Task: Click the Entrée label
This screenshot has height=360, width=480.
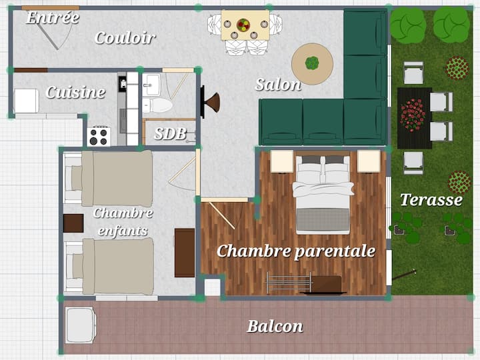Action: pyautogui.click(x=53, y=17)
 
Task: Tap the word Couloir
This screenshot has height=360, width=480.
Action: pyautogui.click(x=125, y=38)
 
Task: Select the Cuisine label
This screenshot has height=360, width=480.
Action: pyautogui.click(x=75, y=92)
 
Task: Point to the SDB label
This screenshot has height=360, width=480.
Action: pyautogui.click(x=170, y=133)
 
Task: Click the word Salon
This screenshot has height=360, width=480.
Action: pyautogui.click(x=278, y=85)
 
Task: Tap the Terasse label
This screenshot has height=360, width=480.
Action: pyautogui.click(x=431, y=199)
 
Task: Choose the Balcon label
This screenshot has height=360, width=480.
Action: pyautogui.click(x=275, y=326)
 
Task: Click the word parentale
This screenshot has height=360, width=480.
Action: pyautogui.click(x=335, y=251)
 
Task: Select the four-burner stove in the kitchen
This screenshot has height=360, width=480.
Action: pyautogui.click(x=99, y=137)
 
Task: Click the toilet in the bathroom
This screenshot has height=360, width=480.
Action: pyautogui.click(x=157, y=105)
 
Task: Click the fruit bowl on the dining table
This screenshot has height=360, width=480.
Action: pyautogui.click(x=243, y=25)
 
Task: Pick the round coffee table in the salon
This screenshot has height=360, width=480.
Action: pyautogui.click(x=312, y=64)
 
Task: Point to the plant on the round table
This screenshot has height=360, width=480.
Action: pyautogui.click(x=312, y=63)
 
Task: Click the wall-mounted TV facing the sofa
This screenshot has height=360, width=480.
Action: pyautogui.click(x=203, y=102)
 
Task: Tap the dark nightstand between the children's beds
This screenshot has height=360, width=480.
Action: pyautogui.click(x=73, y=223)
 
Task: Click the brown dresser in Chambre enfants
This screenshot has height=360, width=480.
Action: pyautogui.click(x=185, y=253)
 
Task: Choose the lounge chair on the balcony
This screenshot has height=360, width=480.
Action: pyautogui.click(x=81, y=325)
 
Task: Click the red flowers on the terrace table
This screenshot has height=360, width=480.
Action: pyautogui.click(x=413, y=115)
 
